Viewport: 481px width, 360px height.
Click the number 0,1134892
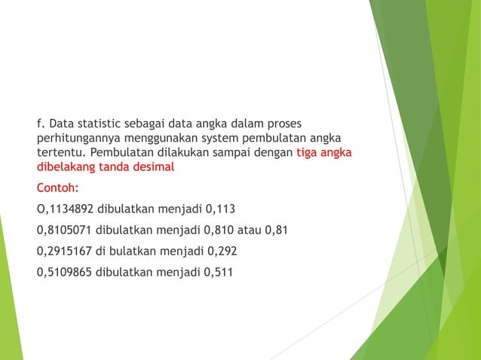tap(65, 209)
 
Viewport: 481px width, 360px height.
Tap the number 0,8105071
tap(66, 230)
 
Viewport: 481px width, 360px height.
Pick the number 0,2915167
tap(66, 251)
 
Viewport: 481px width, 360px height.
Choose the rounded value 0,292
tap(225, 251)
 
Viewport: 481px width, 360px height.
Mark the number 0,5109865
tap(66, 272)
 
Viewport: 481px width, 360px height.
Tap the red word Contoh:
tap(57, 188)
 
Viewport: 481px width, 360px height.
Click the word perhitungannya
tap(75, 139)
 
